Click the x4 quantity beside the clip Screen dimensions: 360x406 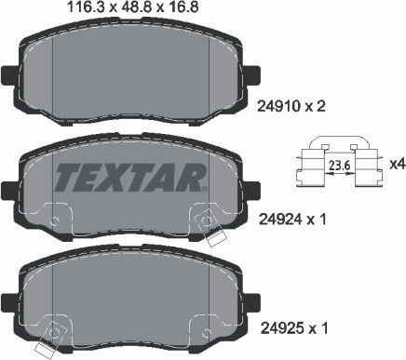[x=395, y=166]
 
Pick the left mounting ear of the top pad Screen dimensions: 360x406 [x=9, y=73]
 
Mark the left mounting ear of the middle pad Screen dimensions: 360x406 [x=9, y=189]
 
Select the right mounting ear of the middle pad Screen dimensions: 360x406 [x=250, y=189]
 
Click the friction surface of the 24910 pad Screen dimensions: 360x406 [x=129, y=70]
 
